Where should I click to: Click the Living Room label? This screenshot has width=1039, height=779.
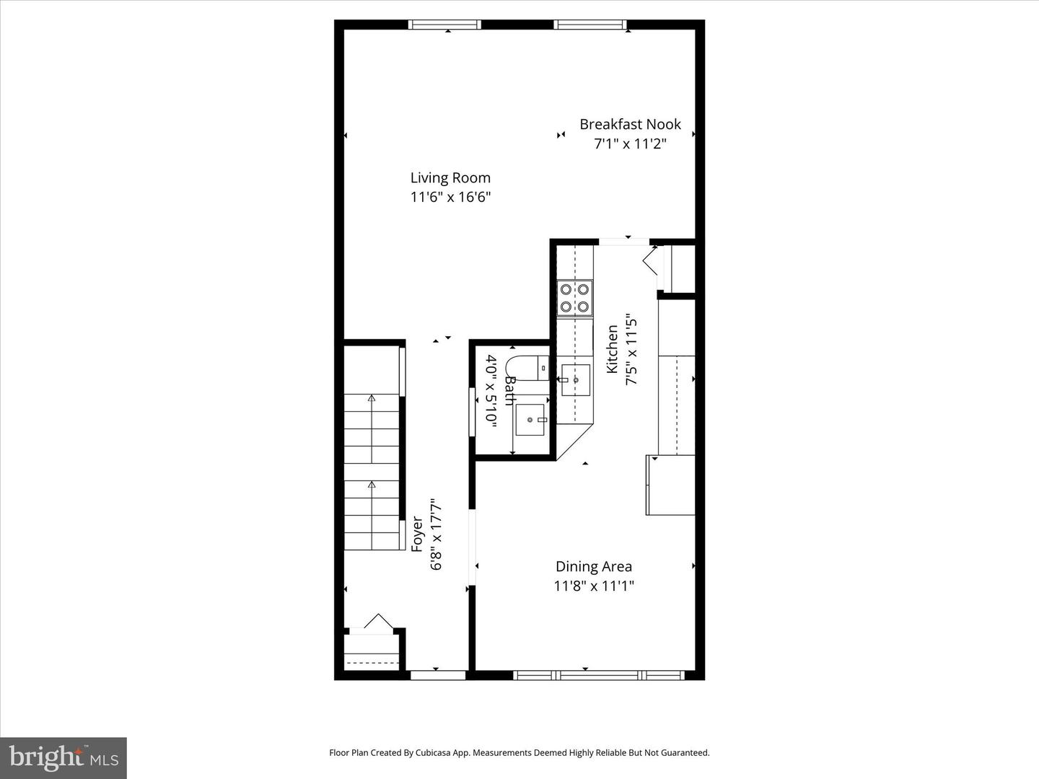tap(450, 177)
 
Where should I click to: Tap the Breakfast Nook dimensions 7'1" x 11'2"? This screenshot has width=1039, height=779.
tap(629, 144)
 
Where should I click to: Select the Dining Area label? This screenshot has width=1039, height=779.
tap(593, 566)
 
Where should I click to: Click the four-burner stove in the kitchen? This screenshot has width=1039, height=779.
tap(575, 298)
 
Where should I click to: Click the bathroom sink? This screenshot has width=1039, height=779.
tap(530, 420)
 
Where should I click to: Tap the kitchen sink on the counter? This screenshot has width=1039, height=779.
tap(576, 379)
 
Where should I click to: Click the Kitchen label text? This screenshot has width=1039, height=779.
tap(612, 349)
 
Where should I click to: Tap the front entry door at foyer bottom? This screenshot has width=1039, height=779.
tap(438, 675)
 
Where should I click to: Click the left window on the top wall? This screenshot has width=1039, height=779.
tap(444, 25)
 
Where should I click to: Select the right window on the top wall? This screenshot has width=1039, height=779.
tap(590, 25)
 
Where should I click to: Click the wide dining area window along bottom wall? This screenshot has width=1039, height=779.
tap(599, 675)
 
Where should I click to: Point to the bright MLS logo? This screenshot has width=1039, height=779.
tap(63, 757)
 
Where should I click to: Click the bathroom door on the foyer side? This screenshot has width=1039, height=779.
tap(472, 412)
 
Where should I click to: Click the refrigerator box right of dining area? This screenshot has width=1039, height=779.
tap(670, 485)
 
